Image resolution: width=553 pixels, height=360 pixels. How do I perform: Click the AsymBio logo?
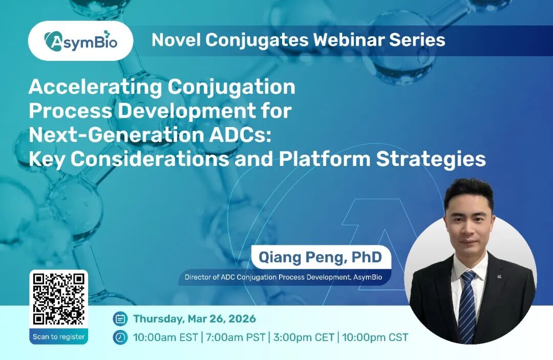(81, 41)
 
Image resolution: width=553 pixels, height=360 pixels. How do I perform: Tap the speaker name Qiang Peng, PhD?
(320, 257)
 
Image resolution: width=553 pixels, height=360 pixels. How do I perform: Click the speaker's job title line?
(283, 277)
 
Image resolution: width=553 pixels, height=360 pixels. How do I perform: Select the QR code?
(58, 299)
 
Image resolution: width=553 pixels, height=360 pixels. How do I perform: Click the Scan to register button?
(58, 336)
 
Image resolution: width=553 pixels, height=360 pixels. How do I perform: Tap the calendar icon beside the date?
(120, 319)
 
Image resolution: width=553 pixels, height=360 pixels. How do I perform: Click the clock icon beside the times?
(120, 337)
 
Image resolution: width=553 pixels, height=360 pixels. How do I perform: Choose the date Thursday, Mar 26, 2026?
(195, 319)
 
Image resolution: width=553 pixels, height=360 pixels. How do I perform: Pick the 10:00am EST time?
(165, 337)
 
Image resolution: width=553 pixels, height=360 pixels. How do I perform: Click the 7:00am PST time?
(235, 337)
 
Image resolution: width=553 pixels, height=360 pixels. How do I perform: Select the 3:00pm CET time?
(303, 337)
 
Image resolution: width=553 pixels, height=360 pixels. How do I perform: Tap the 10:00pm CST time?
(375, 337)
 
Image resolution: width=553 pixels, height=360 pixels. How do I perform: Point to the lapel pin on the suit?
(499, 277)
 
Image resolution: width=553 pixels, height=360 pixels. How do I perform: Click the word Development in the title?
(186, 112)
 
